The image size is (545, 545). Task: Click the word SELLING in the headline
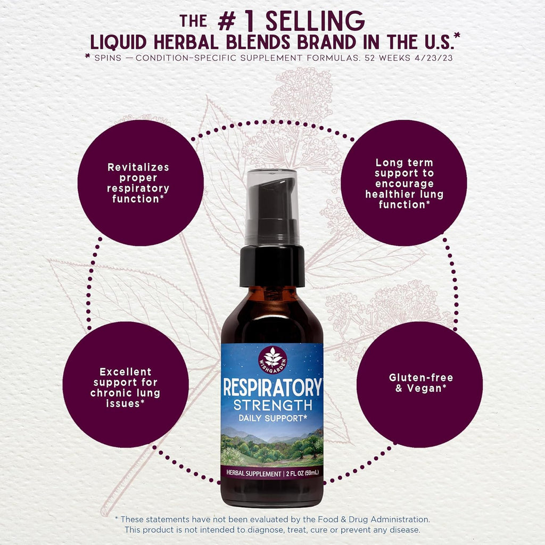click(x=315, y=21)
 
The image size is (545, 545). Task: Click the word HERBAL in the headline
click(x=186, y=43)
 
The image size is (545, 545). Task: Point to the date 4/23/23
click(x=433, y=58)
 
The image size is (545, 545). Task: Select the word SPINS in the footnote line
click(x=108, y=58)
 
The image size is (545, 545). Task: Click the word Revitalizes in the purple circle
click(x=138, y=167)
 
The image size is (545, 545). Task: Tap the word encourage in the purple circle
click(x=404, y=184)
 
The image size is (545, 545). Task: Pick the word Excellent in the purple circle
click(x=126, y=372)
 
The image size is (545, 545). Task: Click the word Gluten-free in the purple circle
click(x=421, y=377)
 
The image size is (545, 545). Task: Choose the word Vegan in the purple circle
click(x=424, y=388)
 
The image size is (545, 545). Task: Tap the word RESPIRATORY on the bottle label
click(x=272, y=387)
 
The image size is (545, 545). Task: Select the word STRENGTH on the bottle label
click(x=272, y=405)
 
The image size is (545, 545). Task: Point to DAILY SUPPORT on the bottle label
click(x=272, y=418)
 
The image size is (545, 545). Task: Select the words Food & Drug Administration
click(x=374, y=519)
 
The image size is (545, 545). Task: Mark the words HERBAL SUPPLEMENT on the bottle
click(x=254, y=473)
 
